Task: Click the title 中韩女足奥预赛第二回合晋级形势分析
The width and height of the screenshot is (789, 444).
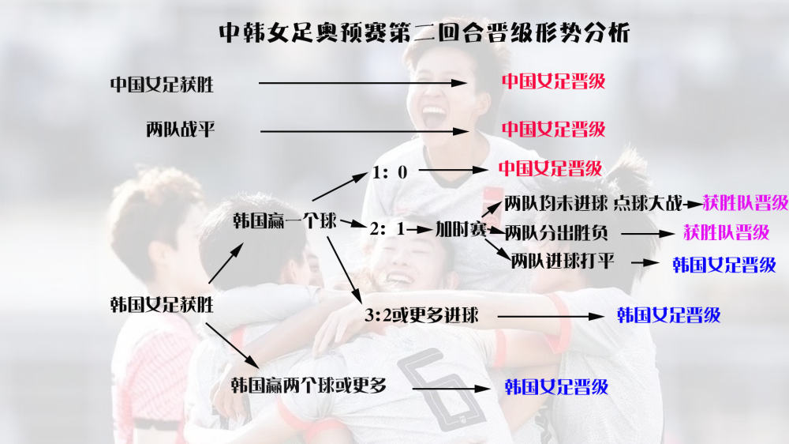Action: (424, 32)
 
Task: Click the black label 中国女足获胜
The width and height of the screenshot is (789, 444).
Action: (162, 85)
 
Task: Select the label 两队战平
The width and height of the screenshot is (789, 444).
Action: (180, 130)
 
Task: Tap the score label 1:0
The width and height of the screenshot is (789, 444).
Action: (389, 172)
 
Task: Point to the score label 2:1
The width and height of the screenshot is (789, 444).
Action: (387, 229)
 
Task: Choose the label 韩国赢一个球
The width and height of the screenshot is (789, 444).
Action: (284, 220)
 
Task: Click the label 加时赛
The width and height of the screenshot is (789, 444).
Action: (461, 229)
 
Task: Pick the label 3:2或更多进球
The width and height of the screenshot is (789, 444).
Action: (421, 315)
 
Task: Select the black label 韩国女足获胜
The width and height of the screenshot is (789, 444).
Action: (162, 304)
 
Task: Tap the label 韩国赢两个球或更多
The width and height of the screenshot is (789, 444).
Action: (308, 386)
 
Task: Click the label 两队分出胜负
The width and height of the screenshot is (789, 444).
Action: (556, 233)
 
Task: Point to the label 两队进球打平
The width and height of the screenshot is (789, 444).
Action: (563, 262)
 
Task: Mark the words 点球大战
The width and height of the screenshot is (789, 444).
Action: (648, 203)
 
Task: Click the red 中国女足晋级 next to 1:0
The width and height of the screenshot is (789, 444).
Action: (550, 168)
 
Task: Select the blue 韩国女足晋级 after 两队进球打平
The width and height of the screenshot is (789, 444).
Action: (724, 265)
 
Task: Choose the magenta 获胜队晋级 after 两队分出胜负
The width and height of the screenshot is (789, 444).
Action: (726, 232)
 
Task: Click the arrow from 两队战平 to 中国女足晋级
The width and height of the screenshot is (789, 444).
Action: (365, 131)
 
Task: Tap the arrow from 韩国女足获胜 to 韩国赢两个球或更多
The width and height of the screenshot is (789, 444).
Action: (232, 346)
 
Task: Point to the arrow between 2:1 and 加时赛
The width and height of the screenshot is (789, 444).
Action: (420, 230)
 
